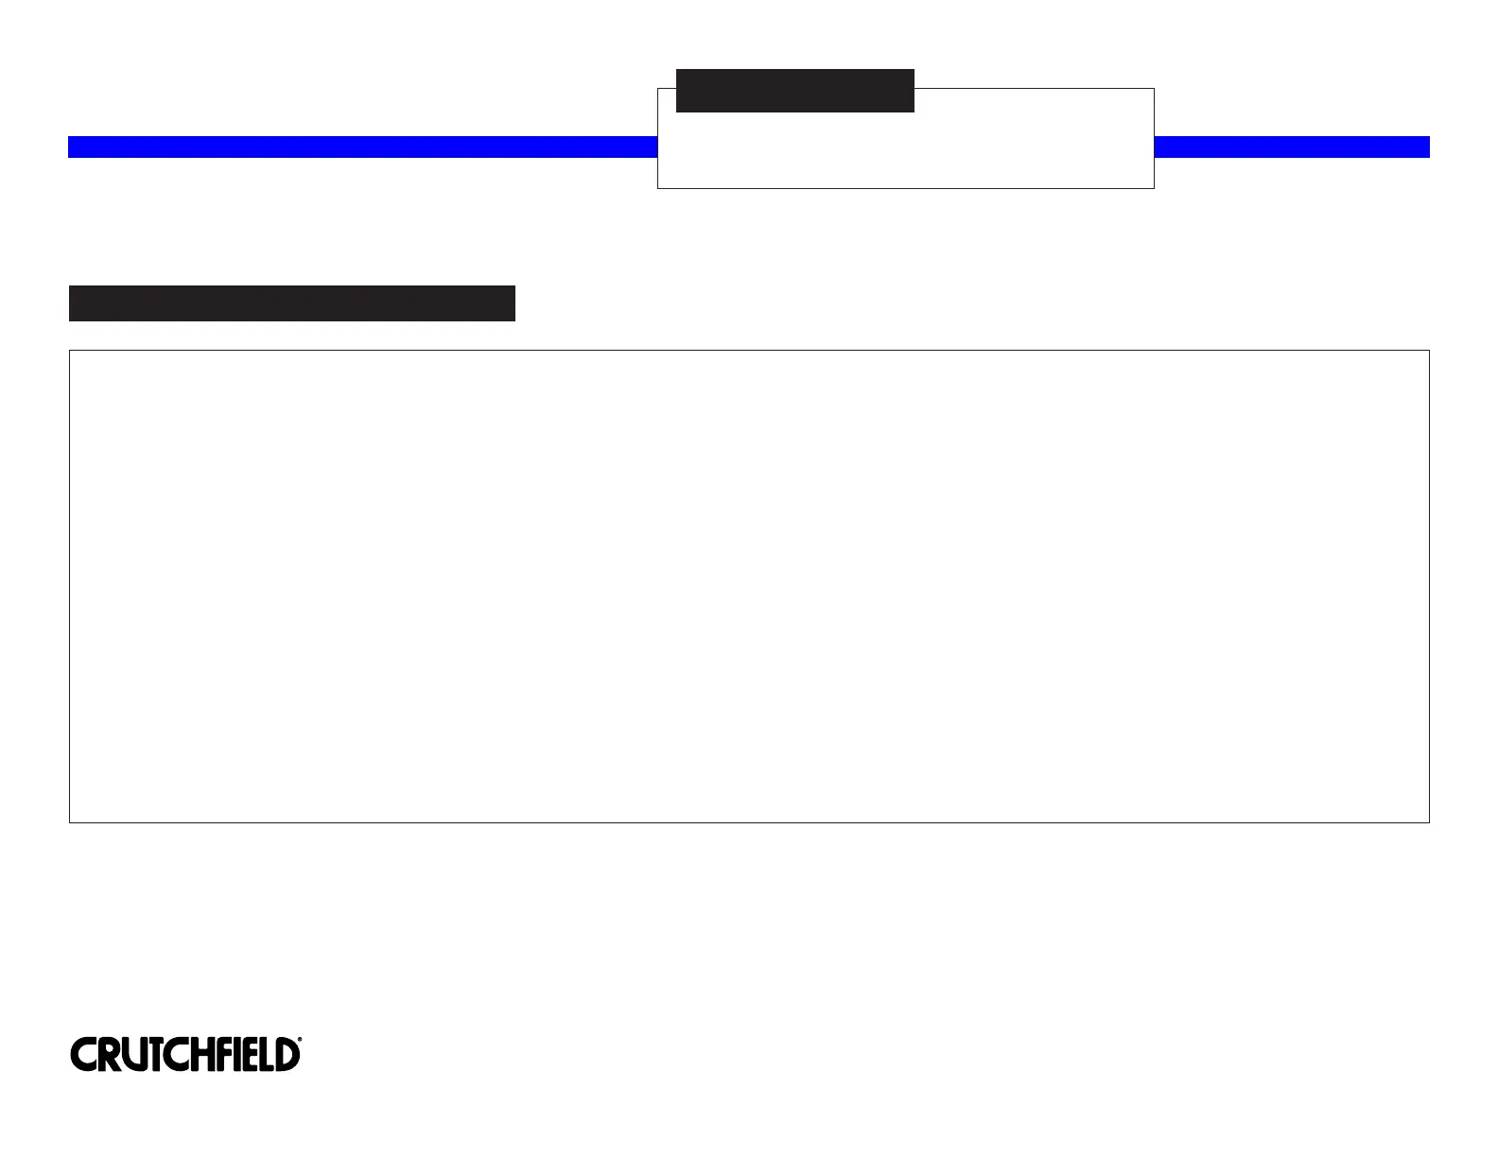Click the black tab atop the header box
pyautogui.click(x=794, y=91)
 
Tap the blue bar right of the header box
pyautogui.click(x=1292, y=147)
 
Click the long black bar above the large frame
pyautogui.click(x=291, y=303)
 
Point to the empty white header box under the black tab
pyautogui.click(x=905, y=151)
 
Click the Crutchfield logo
pyautogui.click(x=185, y=1054)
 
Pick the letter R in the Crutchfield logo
pyautogui.click(x=111, y=1055)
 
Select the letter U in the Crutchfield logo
pyautogui.click(x=135, y=1055)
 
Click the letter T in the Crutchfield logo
pyautogui.click(x=156, y=1055)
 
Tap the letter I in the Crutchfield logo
pyautogui.click(x=237, y=1055)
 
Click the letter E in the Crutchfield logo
pyautogui.click(x=250, y=1055)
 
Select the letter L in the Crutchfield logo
pyautogui.click(x=266, y=1055)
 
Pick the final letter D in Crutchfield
pyautogui.click(x=286, y=1055)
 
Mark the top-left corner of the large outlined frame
pyautogui.click(x=70, y=351)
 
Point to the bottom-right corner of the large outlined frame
pyautogui.click(x=1429, y=822)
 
